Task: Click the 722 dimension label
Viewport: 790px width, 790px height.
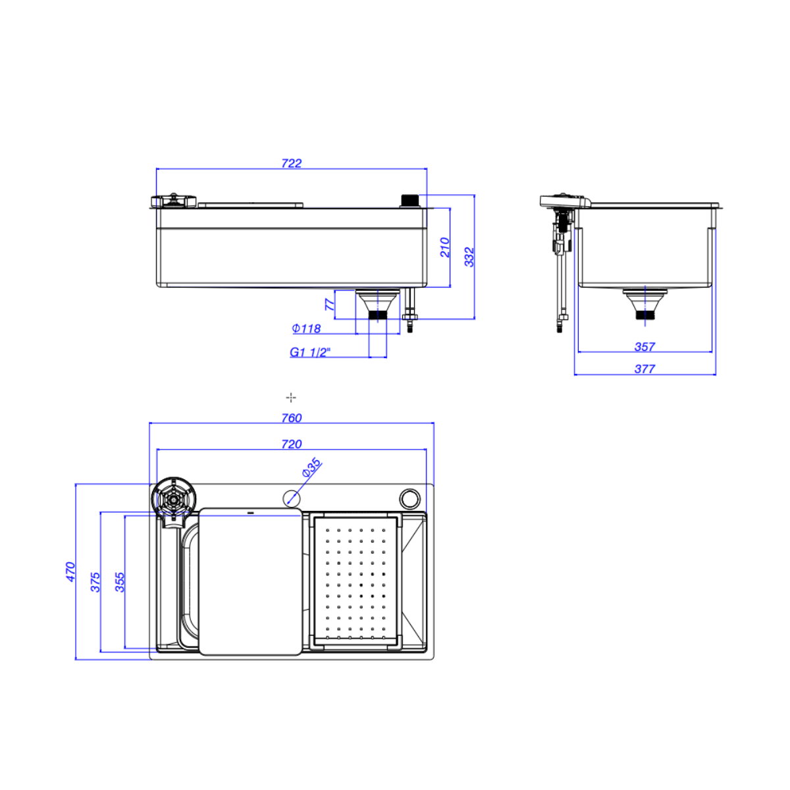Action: click(x=292, y=163)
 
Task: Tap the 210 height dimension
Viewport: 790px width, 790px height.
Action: click(x=445, y=248)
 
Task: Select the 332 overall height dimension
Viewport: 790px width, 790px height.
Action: click(x=469, y=257)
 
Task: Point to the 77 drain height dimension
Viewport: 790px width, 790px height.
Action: click(x=329, y=304)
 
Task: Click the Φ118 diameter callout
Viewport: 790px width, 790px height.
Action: click(x=306, y=329)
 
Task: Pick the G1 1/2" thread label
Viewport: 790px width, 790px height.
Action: click(x=310, y=352)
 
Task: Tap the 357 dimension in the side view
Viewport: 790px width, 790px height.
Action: click(x=645, y=347)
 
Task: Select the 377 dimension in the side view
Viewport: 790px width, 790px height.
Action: click(x=645, y=369)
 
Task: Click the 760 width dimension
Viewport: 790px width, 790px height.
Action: click(x=292, y=418)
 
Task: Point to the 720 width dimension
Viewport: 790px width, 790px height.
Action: click(x=292, y=444)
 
